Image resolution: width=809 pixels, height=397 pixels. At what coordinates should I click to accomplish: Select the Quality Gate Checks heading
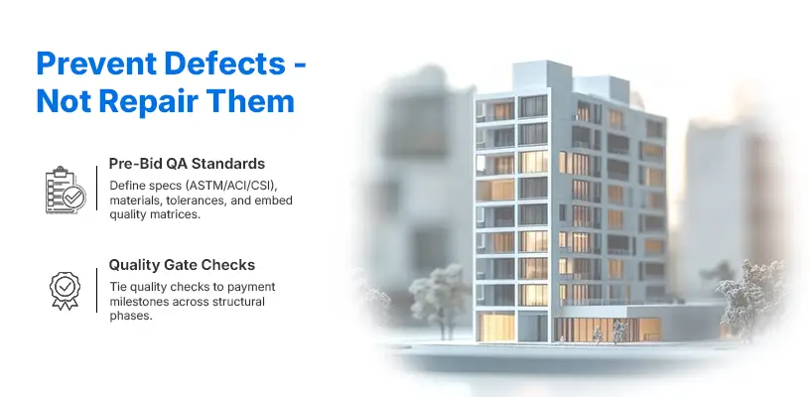point(182,266)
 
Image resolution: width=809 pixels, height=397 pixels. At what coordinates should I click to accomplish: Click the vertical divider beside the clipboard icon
point(96,190)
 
